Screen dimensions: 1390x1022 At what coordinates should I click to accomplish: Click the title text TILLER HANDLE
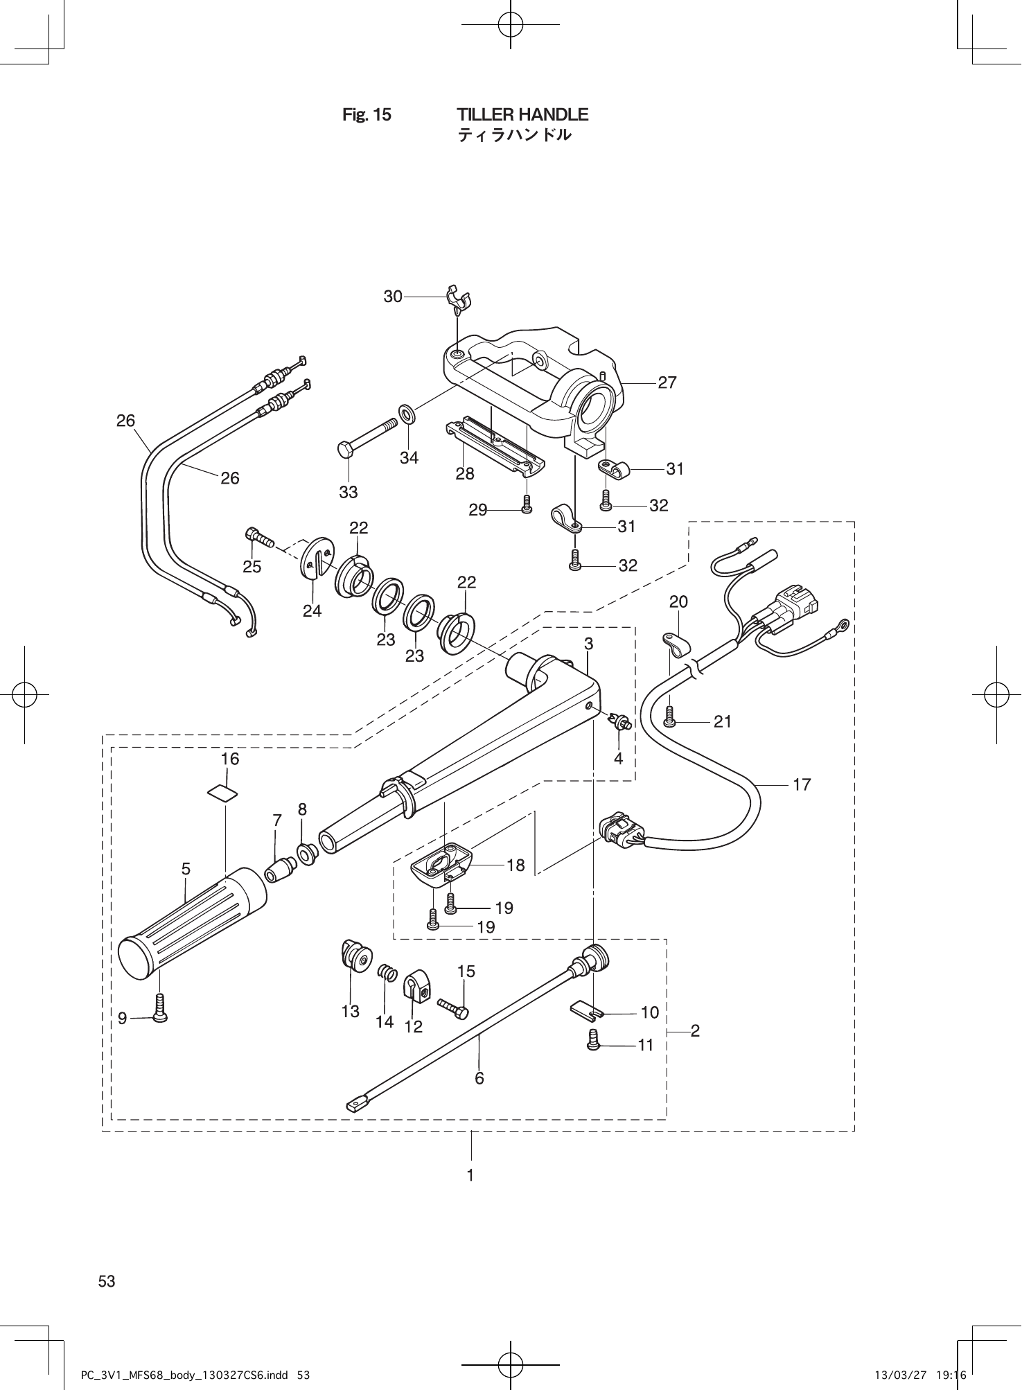coord(522,114)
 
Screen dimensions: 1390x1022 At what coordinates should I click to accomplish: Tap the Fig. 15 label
coord(367,115)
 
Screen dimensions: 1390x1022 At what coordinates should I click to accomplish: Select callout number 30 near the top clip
coord(393,297)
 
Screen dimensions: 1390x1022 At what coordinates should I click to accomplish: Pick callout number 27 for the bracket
coord(667,382)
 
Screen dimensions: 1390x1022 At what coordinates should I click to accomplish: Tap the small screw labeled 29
coord(526,503)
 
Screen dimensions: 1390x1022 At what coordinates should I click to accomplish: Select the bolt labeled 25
coord(260,537)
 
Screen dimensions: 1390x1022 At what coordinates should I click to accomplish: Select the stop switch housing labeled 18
coord(441,865)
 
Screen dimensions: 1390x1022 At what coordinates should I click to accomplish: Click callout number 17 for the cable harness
coord(802,784)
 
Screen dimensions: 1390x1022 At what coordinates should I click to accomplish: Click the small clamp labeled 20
coord(673,643)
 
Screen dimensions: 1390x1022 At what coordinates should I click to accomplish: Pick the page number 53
coord(107,1281)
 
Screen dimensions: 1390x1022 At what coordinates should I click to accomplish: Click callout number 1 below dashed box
coord(470,1175)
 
